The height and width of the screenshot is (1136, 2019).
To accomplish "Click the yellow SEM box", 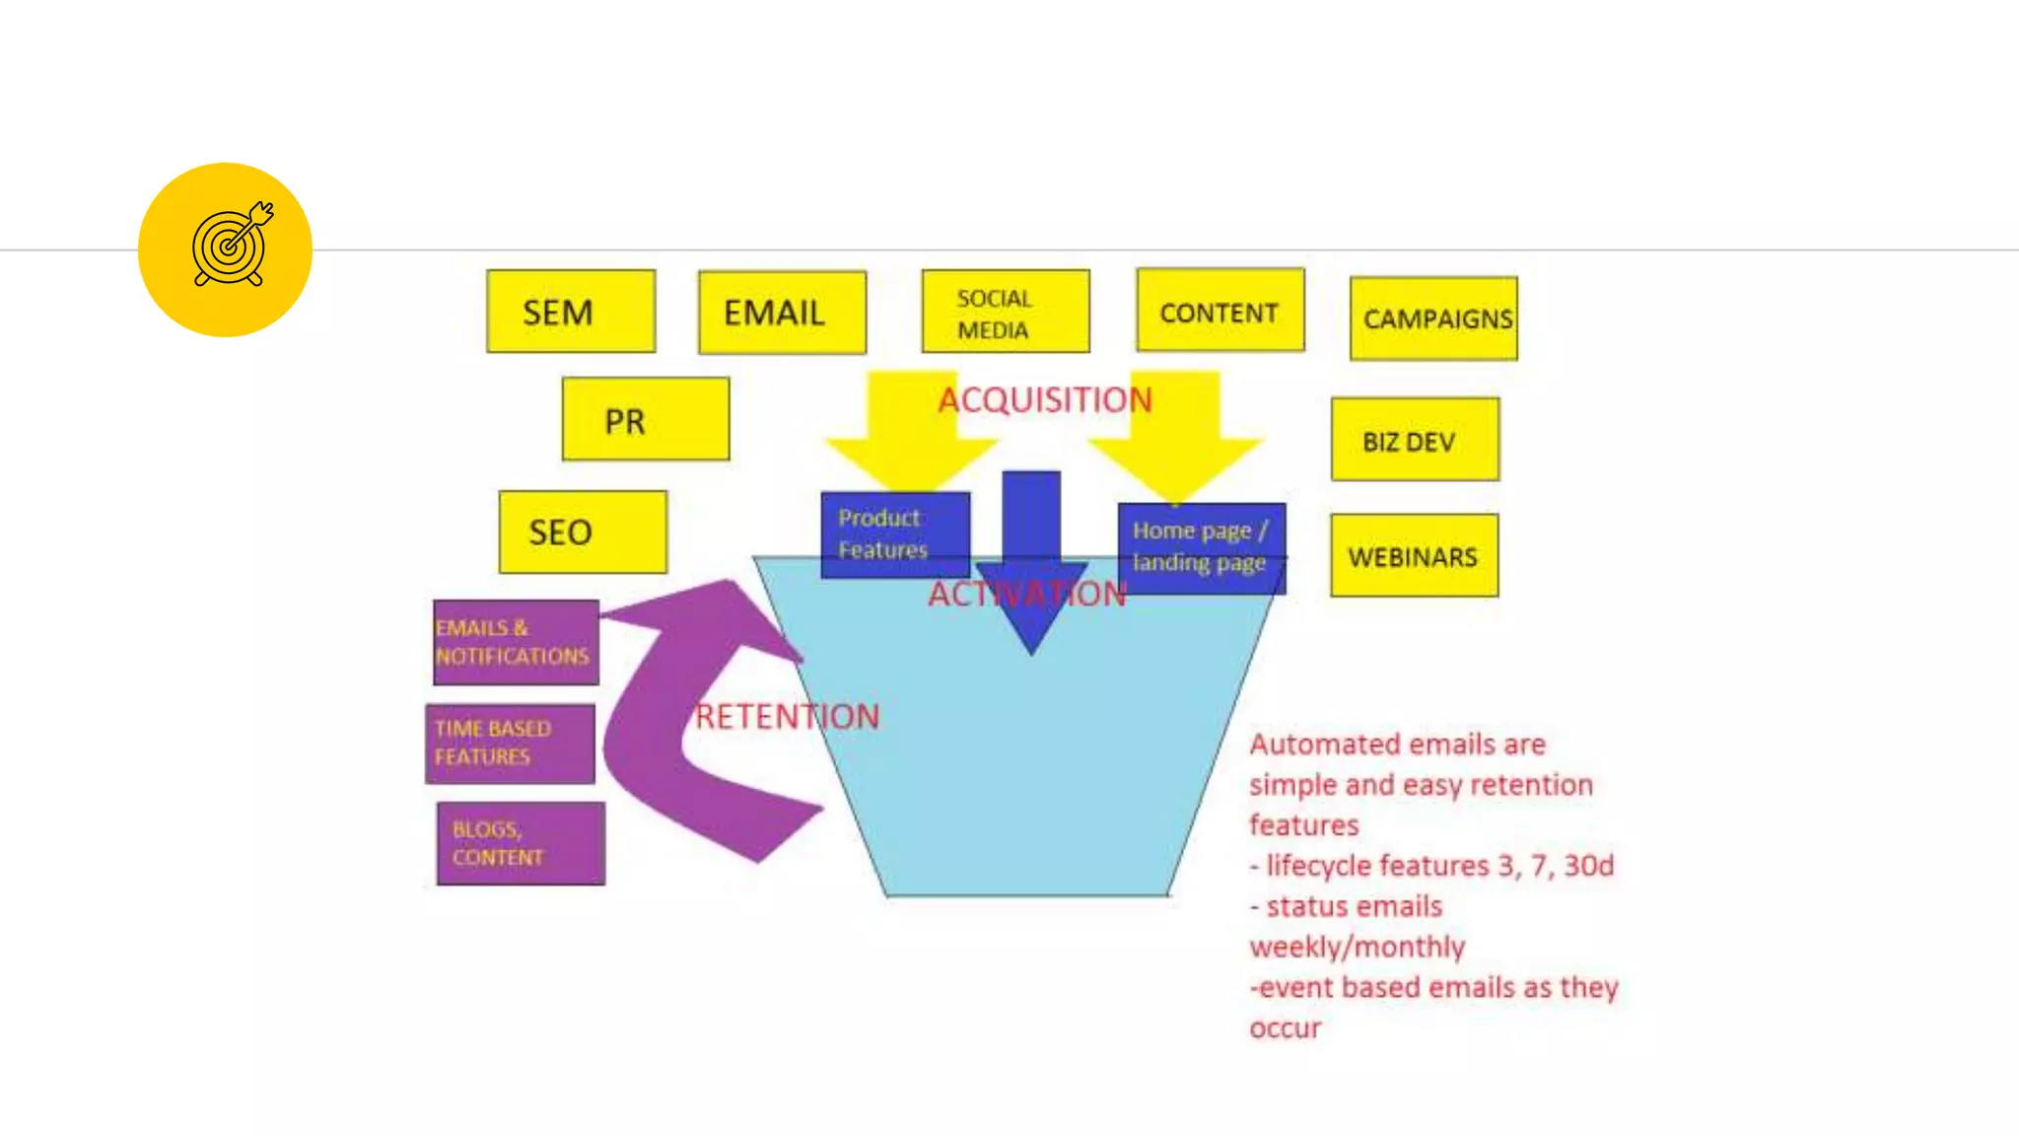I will tap(571, 312).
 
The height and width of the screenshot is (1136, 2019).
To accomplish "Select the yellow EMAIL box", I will tap(783, 313).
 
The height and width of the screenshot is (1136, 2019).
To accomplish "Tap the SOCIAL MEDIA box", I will tap(1006, 312).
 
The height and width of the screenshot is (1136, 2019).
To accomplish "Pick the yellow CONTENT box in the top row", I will tap(1220, 311).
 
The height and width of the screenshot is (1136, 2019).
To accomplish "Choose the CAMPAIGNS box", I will tap(1434, 319).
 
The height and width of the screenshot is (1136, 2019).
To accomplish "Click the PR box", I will tap(646, 419).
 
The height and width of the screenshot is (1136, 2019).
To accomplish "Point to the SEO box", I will tap(583, 532).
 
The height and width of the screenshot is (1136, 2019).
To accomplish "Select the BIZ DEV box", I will tap(1415, 440).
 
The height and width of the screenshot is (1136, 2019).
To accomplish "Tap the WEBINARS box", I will tap(1415, 556).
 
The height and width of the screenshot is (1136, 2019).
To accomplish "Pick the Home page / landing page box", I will tap(1201, 546).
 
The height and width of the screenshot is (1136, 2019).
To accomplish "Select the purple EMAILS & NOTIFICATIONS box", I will tap(516, 642).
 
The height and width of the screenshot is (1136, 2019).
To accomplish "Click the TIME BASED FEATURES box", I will tap(510, 744).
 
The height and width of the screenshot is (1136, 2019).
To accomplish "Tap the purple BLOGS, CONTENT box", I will tap(521, 843).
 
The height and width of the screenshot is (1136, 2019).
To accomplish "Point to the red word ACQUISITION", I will tap(1045, 399).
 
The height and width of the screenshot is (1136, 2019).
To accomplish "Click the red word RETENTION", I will tap(787, 717).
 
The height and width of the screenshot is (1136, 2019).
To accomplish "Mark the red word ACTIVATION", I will tap(1026, 594).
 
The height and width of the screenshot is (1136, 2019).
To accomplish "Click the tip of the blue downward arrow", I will tap(1031, 651).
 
